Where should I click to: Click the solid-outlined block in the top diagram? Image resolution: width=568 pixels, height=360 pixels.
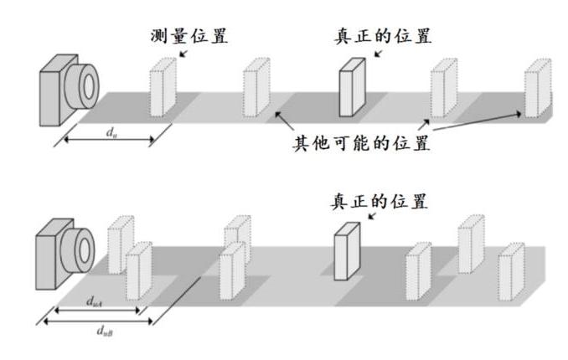point(352,87)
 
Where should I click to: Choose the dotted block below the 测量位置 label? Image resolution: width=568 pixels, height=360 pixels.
point(163,87)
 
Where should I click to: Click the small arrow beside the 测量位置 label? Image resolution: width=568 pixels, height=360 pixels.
point(183,52)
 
